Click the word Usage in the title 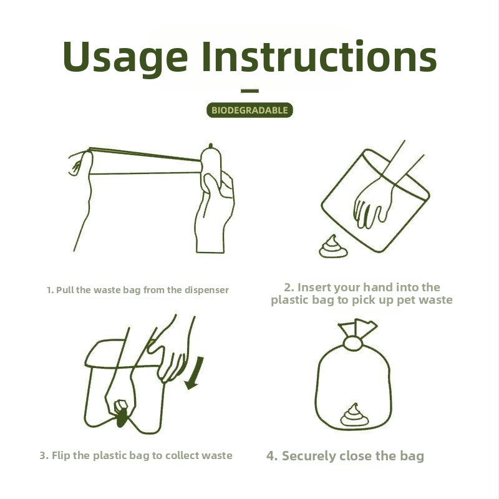125,58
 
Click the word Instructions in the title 319,56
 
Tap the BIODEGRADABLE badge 249,110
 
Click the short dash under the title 249,91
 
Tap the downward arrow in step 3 194,373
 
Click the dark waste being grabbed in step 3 121,419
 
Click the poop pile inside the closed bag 354,415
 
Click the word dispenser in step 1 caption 206,290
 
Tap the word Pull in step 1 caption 65,290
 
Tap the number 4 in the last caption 271,456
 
